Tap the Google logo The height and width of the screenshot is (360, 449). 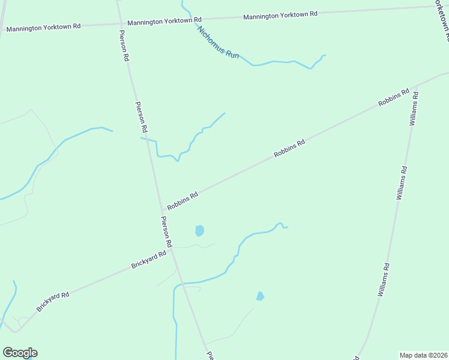(20, 353)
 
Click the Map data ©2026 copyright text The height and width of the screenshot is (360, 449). (424, 355)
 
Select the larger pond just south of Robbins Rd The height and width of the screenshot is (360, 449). (199, 230)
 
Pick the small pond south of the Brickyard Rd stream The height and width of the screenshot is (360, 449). (260, 296)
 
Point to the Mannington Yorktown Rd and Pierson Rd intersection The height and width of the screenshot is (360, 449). (119, 23)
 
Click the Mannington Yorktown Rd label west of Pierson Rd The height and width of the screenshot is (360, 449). (43, 27)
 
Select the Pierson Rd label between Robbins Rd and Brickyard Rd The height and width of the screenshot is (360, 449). (166, 232)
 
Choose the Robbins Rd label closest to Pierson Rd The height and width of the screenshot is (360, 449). (182, 201)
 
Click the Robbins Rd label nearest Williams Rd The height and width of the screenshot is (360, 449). (394, 98)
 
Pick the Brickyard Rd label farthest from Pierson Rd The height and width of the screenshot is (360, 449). (53, 301)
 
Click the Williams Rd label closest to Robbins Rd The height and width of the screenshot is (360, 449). (412, 110)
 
